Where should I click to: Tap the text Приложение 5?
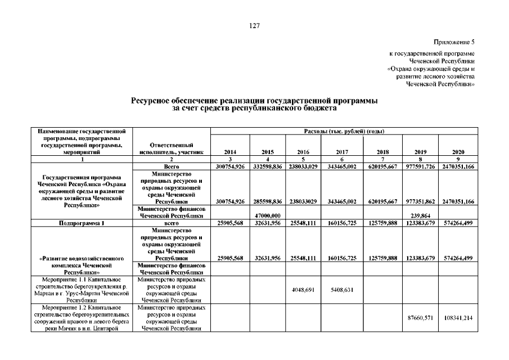[x=454, y=42]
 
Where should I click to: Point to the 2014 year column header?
[x=229, y=152]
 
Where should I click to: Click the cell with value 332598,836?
[x=268, y=167]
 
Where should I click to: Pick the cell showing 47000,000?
[x=268, y=215]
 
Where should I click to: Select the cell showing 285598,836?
[x=268, y=201]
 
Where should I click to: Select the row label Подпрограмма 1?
[x=83, y=223]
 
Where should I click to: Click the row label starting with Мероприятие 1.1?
[x=83, y=290]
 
